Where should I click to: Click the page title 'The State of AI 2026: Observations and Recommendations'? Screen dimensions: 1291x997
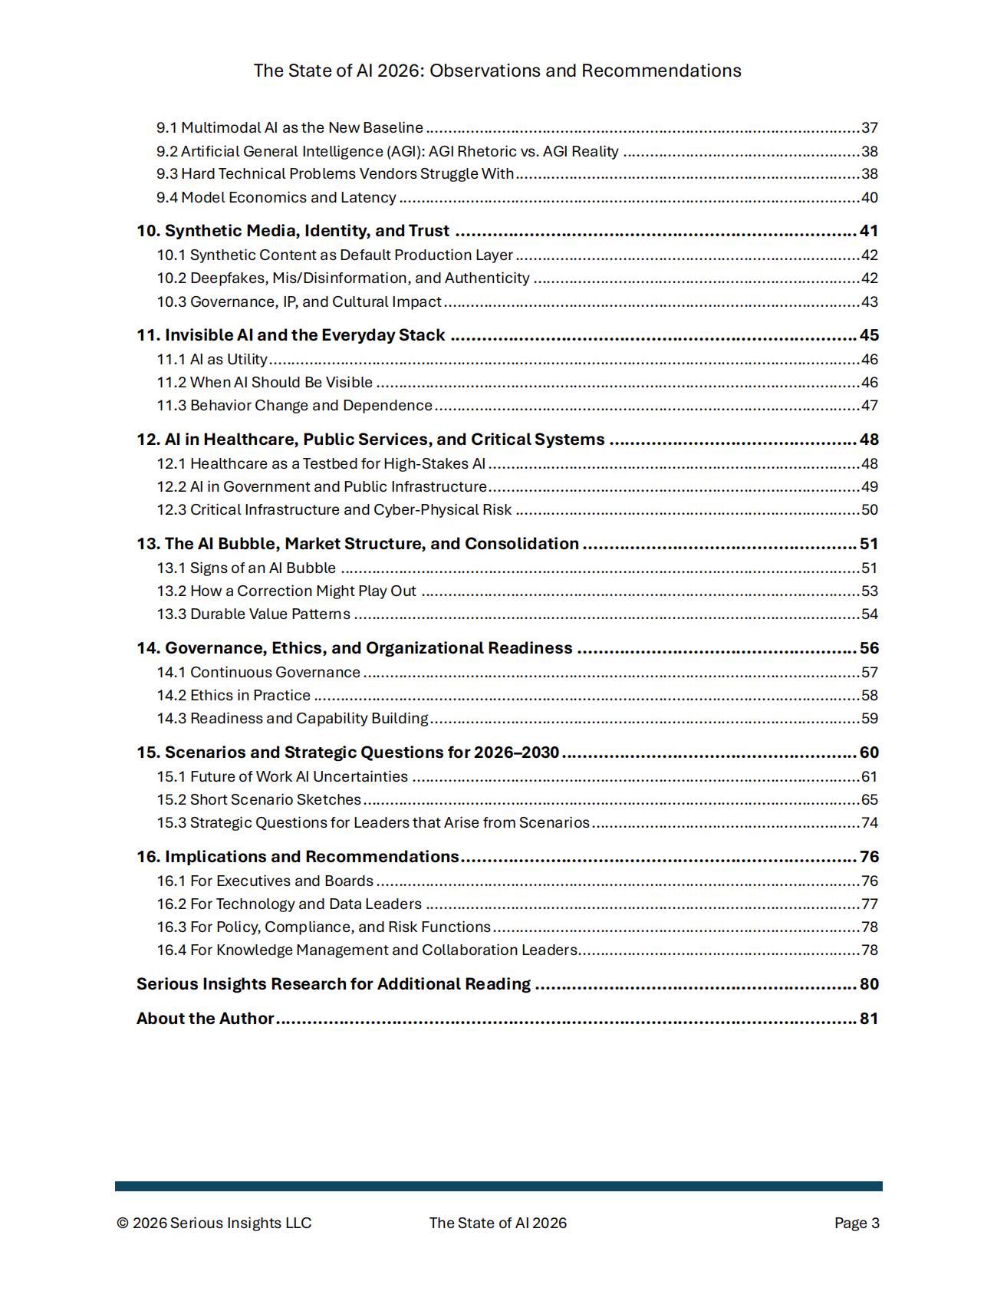[497, 71]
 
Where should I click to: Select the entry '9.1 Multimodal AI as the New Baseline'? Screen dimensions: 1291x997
[290, 127]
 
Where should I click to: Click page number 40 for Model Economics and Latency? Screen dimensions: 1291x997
[869, 197]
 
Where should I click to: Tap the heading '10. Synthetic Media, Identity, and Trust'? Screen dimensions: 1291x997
[293, 231]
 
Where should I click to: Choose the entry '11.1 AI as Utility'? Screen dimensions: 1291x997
[212, 359]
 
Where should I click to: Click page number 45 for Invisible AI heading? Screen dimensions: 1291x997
[869, 335]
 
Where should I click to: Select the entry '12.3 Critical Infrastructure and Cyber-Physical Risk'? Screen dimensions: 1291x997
[334, 509]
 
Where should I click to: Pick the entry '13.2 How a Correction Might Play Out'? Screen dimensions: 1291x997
[287, 591]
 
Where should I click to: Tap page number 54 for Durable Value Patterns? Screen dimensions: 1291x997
[869, 614]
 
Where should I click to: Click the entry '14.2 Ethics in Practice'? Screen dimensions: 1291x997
[234, 695]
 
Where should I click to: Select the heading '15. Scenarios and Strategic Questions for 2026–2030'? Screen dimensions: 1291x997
[348, 753]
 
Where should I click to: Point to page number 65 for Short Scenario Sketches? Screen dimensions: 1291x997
[869, 799]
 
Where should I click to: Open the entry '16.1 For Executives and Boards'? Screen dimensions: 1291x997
[265, 881]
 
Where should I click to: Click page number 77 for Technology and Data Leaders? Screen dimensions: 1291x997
[869, 904]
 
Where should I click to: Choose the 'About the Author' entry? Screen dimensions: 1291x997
[206, 1019]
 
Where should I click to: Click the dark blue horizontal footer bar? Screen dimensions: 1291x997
[498, 1186]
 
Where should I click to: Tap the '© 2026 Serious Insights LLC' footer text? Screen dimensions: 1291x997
[214, 1223]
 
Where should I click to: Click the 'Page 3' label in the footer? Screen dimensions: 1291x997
[857, 1223]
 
